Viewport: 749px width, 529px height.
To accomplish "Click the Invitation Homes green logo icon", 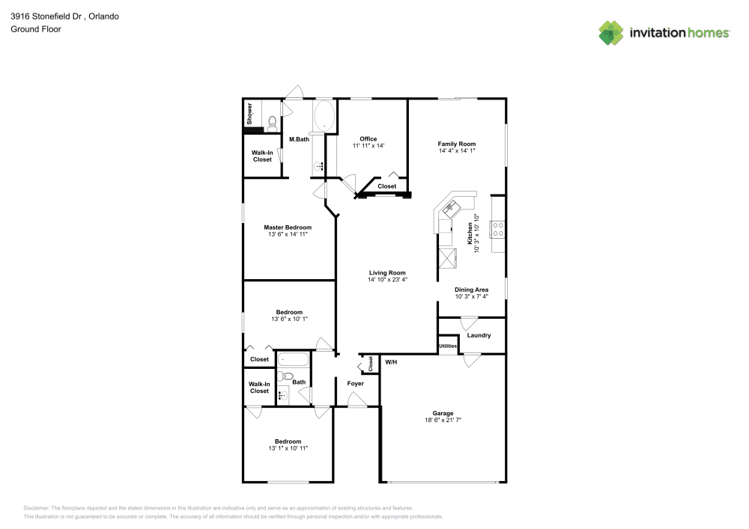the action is tap(611, 33).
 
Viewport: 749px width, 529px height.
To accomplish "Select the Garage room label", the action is tap(443, 413).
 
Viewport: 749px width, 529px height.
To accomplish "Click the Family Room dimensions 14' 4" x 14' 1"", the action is tap(457, 150).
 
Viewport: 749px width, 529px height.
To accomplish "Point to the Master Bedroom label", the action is tap(288, 227).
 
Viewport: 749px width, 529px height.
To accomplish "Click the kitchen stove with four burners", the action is tap(498, 229).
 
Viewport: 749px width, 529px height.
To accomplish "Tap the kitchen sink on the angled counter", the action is tap(450, 208).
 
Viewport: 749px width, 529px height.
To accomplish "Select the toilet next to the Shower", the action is tap(273, 123).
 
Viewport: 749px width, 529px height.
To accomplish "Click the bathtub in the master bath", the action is tap(325, 115).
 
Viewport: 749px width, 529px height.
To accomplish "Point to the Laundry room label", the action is tap(479, 335).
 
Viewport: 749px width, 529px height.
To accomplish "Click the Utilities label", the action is tap(448, 346).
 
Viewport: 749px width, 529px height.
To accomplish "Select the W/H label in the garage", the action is tap(391, 362).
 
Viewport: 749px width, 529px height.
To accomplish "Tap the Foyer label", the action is tap(355, 384).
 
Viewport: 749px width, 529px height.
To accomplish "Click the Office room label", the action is tap(369, 139).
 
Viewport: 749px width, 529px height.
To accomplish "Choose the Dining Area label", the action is tap(471, 290).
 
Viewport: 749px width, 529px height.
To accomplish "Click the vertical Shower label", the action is tap(249, 114).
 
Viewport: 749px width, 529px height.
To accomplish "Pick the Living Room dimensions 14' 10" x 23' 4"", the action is tap(387, 280).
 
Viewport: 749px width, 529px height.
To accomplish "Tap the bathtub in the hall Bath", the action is tap(294, 359).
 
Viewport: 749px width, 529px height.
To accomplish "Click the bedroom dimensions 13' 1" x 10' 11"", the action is tap(288, 448).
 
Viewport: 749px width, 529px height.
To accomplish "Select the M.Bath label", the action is tap(299, 139).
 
